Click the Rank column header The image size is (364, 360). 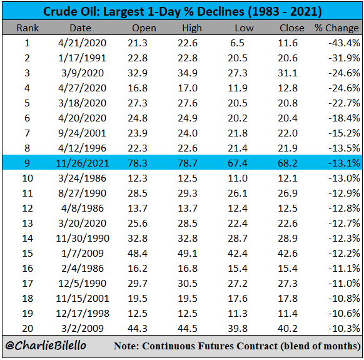click(28, 28)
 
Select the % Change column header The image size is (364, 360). click(336, 28)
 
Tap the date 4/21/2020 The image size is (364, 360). click(82, 43)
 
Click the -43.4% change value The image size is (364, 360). click(344, 43)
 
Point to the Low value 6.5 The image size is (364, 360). click(237, 43)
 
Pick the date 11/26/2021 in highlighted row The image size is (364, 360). click(83, 163)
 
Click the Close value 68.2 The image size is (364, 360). click(288, 163)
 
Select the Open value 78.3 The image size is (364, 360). click(138, 163)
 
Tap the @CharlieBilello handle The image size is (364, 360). click(46, 346)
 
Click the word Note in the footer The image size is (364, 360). click(126, 346)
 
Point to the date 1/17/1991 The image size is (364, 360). click(82, 58)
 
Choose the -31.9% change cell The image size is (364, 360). click(344, 58)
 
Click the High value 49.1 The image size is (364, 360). click(188, 254)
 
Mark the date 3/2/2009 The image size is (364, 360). click(83, 329)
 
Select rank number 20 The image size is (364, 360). click(28, 329)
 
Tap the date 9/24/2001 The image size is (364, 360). click(82, 133)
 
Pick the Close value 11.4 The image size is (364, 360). click(288, 314)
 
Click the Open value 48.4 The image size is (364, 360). click(138, 254)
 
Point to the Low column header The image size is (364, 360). click(244, 28)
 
